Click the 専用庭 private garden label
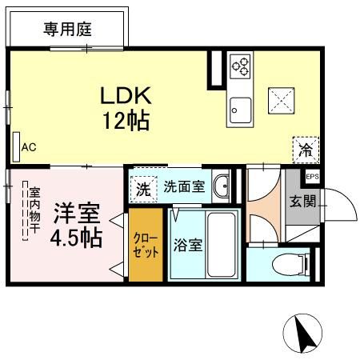pos(67,30)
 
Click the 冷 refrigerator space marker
pos(306,149)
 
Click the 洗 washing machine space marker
pos(143,190)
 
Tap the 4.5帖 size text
pos(77,238)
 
